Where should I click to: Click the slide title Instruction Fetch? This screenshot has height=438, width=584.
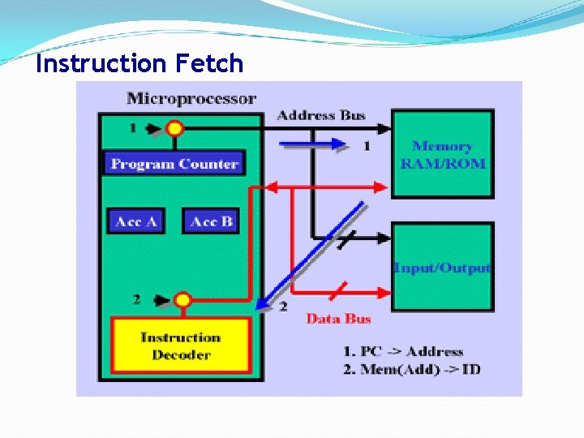click(x=140, y=63)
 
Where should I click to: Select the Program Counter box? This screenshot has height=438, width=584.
click(x=174, y=163)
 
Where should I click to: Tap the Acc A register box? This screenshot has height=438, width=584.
click(x=135, y=221)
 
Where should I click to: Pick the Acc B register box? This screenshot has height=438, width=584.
click(x=211, y=221)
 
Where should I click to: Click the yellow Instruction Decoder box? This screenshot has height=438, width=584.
click(x=180, y=346)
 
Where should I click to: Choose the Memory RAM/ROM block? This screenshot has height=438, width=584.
click(x=442, y=154)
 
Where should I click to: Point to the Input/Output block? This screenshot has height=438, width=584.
click(x=442, y=268)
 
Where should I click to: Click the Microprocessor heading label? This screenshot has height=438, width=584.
click(x=191, y=99)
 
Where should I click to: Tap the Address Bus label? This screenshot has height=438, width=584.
click(x=321, y=115)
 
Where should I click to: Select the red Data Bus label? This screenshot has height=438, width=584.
click(x=338, y=319)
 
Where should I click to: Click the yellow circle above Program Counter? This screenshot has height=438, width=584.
click(x=174, y=128)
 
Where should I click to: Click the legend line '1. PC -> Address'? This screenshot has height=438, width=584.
click(x=402, y=351)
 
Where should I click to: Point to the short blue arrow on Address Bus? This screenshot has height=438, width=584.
click(x=312, y=144)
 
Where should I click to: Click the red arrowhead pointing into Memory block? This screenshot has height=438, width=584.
click(x=385, y=187)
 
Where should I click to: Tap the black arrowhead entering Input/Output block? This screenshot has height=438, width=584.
click(x=385, y=238)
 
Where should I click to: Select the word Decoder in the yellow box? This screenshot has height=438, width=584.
click(x=181, y=355)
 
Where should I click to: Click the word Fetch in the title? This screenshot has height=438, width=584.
click(x=207, y=63)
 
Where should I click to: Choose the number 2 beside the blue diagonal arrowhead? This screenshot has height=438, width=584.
click(x=283, y=307)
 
